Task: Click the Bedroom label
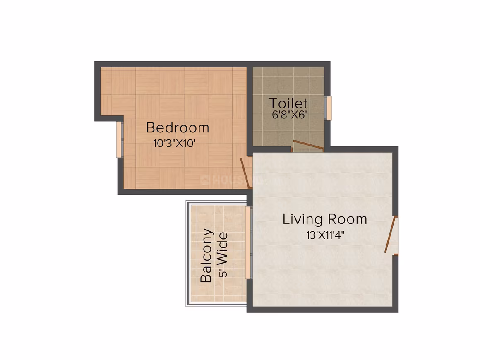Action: coord(178,127)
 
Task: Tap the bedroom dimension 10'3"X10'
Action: coord(174,143)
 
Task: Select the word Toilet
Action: coord(288,103)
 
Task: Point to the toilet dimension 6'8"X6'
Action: coord(289,115)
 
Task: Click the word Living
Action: coord(302,219)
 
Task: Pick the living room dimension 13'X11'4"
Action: coord(325,235)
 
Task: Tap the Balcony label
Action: coord(206,255)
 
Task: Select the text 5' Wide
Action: coord(223,255)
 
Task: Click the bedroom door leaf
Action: coord(245,173)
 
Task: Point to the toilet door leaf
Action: coord(308,145)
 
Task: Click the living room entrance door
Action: coord(390,235)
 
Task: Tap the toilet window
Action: coord(328,108)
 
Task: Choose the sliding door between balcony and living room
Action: coord(249,243)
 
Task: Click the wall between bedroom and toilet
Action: coord(250,109)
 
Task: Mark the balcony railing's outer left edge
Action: coord(187,253)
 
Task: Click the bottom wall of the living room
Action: coord(323,309)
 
